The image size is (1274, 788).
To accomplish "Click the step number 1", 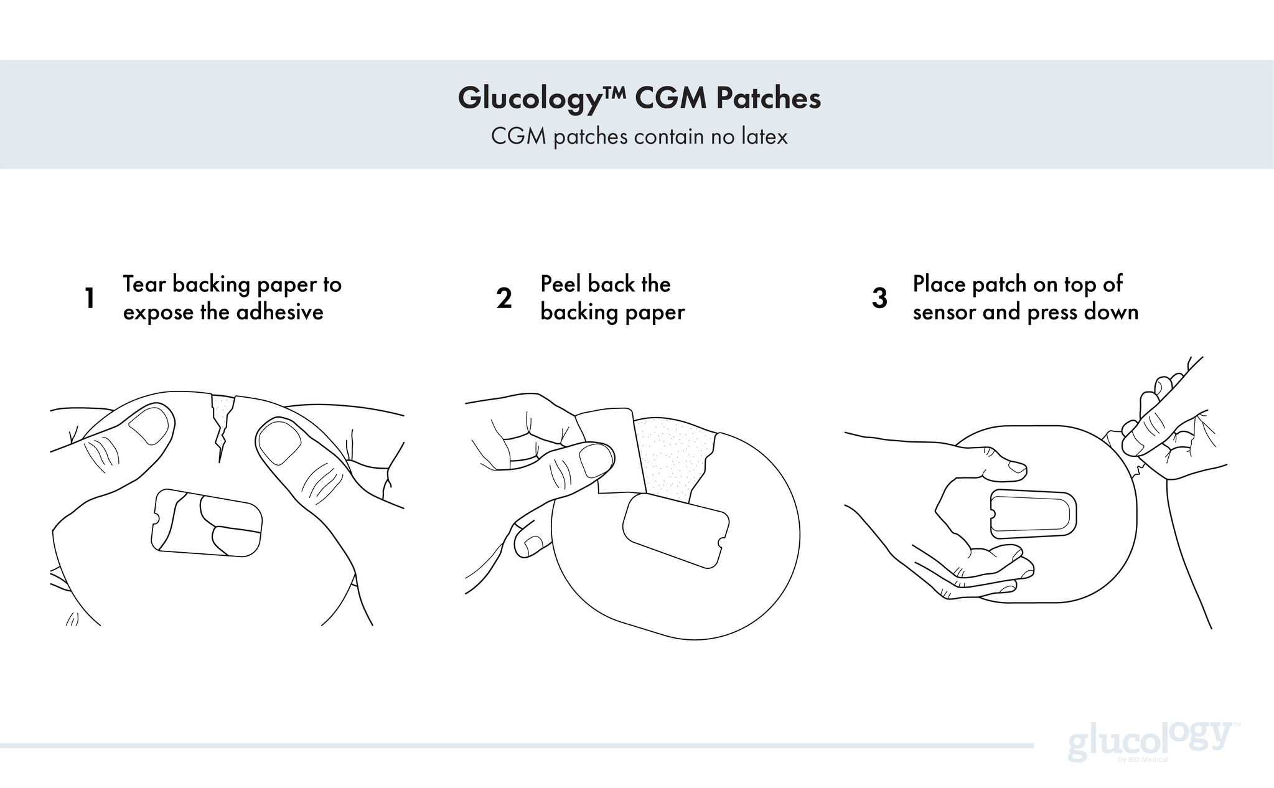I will point(90,299).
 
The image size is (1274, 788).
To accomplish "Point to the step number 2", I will point(504,299).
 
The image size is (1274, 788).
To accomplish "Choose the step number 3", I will point(879,299).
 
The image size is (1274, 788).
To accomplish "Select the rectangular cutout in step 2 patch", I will point(675,529).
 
